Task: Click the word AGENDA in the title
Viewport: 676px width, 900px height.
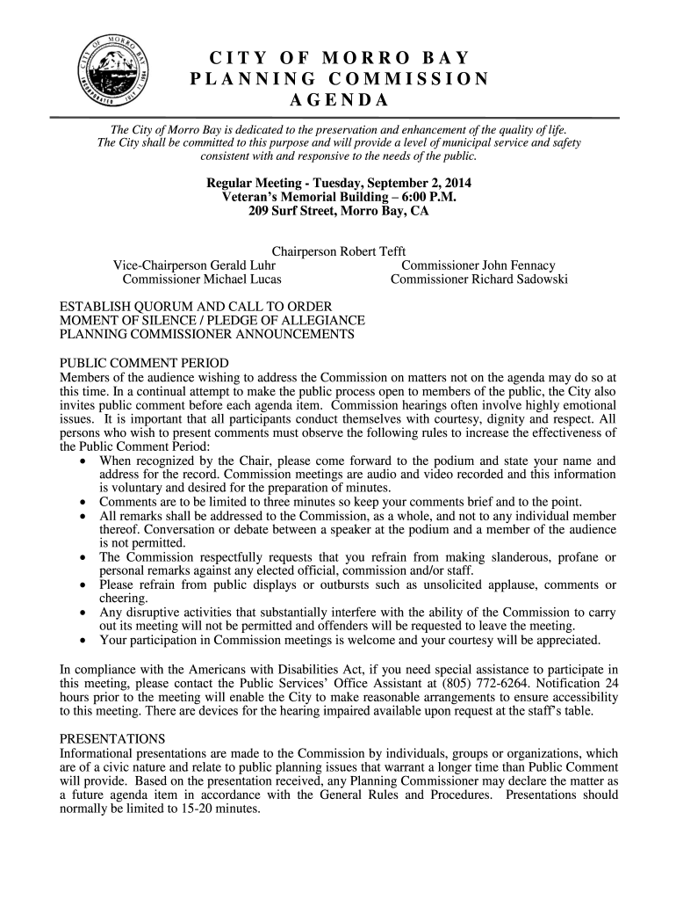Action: point(338,99)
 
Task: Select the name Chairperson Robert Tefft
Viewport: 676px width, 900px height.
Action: point(338,251)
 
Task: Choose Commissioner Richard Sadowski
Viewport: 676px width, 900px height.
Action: point(478,279)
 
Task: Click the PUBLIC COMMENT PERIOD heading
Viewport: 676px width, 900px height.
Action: point(143,363)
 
